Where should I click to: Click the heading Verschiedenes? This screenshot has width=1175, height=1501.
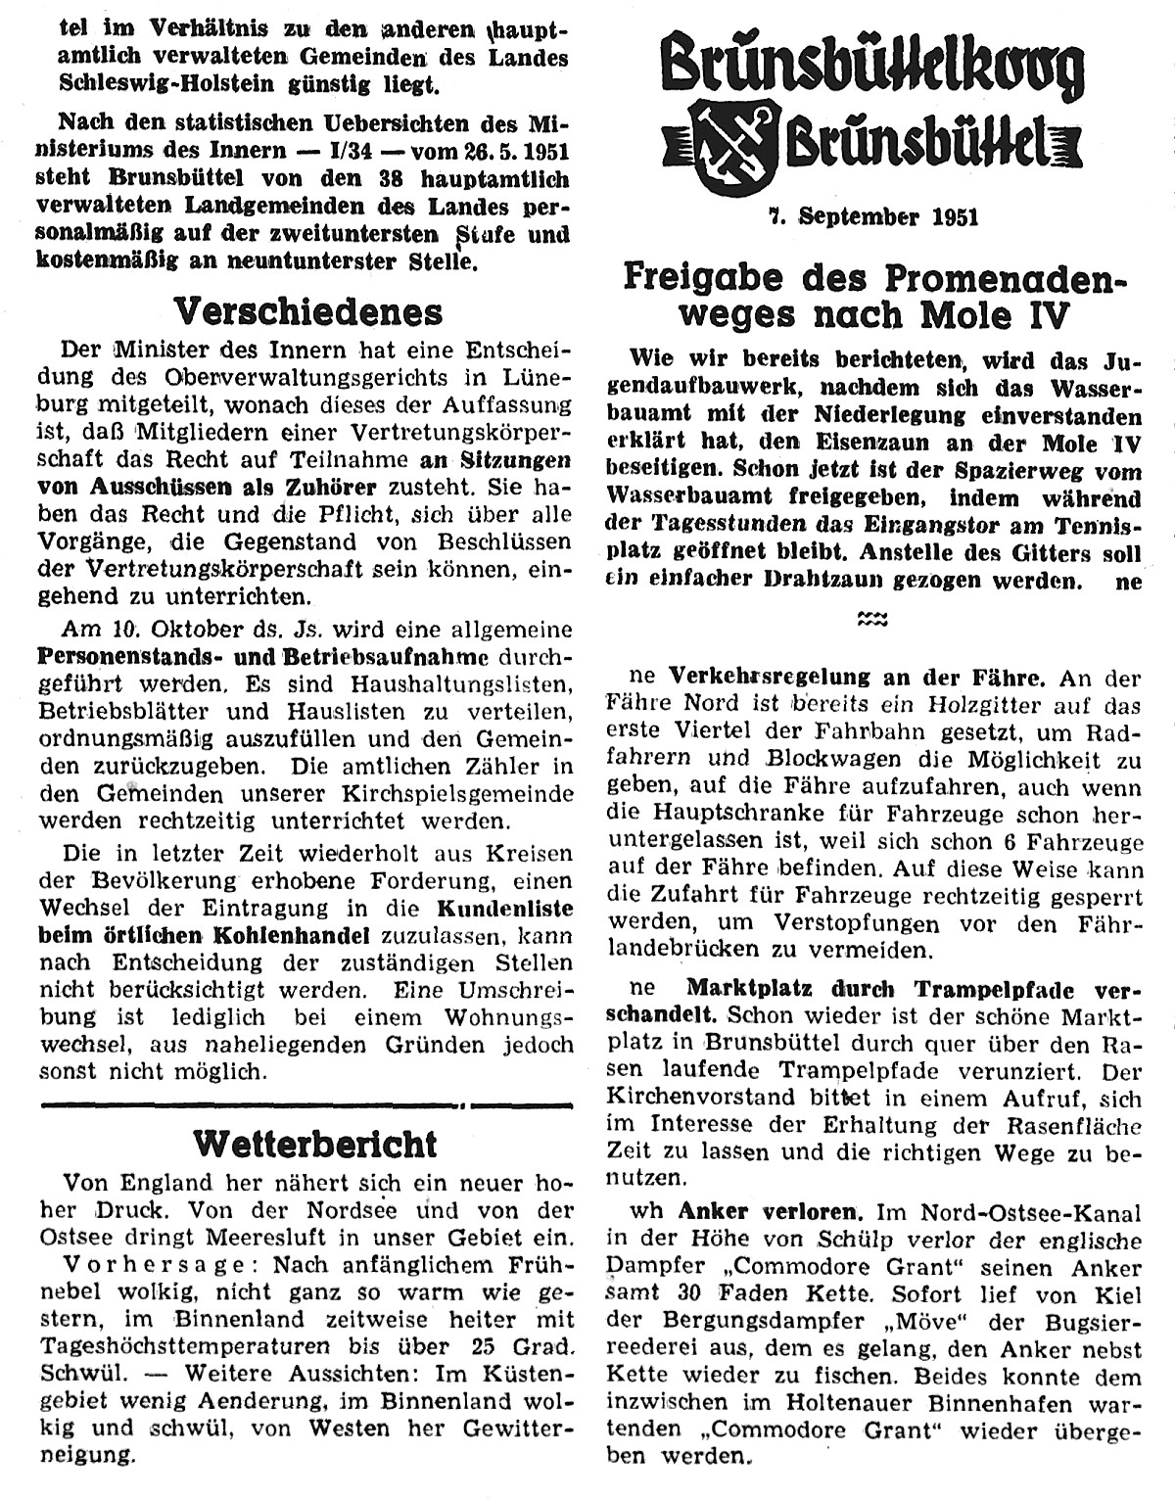307,312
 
